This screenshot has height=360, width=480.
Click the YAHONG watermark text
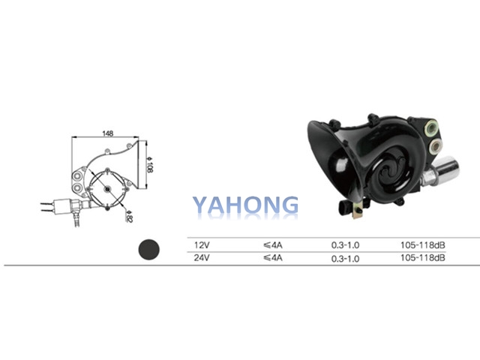pyautogui.click(x=245, y=205)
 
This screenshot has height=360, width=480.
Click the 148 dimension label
pyautogui.click(x=108, y=133)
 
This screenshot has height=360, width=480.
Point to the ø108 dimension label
pyautogui.click(x=149, y=164)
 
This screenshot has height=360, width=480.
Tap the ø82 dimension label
pyautogui.click(x=129, y=216)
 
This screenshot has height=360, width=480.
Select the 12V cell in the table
pyautogui.click(x=202, y=245)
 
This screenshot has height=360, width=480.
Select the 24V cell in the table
pyautogui.click(x=202, y=258)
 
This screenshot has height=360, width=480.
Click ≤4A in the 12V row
pyautogui.click(x=272, y=245)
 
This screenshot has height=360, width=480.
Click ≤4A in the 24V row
pyautogui.click(x=272, y=258)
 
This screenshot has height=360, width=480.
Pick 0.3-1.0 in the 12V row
pyautogui.click(x=345, y=245)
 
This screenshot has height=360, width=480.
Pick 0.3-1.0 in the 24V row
pyautogui.click(x=345, y=259)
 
